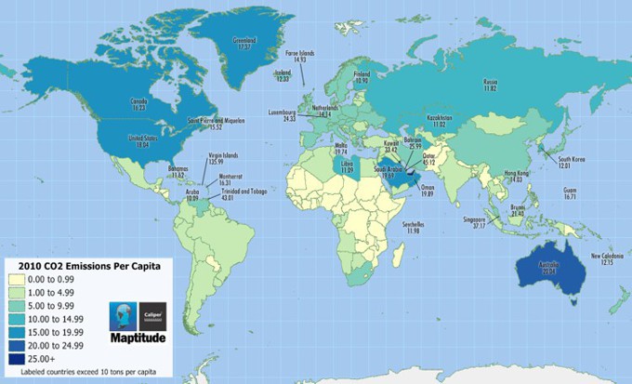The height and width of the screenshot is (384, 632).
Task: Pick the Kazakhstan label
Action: click(440, 121)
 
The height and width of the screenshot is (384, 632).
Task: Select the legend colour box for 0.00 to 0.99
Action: click(25, 279)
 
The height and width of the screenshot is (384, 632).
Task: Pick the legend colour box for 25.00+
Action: click(25, 357)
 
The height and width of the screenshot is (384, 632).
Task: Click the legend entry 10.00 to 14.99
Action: click(69, 318)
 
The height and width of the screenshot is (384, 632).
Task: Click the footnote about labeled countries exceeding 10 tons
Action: click(86, 373)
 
